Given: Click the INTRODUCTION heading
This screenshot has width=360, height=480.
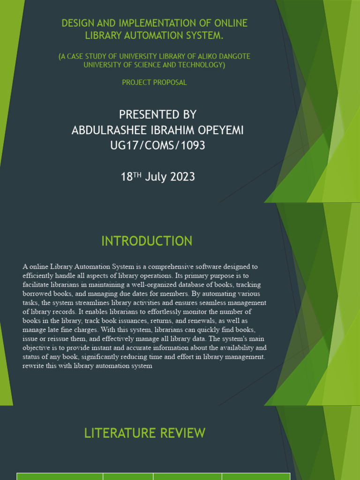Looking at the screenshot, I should [x=147, y=241].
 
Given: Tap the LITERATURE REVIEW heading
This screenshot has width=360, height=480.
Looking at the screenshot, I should [x=144, y=433].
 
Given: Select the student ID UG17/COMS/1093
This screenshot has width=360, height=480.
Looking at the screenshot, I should [x=157, y=145].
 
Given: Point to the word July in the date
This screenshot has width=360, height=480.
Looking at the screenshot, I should [x=155, y=177].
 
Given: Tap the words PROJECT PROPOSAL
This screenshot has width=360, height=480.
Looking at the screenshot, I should [x=154, y=82].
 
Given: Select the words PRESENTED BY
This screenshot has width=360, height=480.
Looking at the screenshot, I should [x=157, y=114].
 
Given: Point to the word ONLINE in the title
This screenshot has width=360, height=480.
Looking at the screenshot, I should [x=230, y=23].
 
